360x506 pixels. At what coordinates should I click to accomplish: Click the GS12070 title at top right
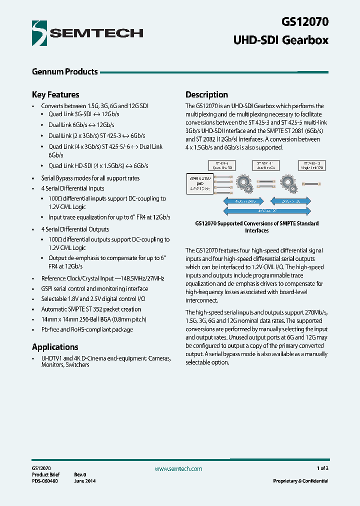(x=305, y=22)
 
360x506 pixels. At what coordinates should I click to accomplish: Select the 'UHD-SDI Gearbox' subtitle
(x=281, y=40)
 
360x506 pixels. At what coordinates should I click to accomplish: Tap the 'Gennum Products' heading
(x=64, y=71)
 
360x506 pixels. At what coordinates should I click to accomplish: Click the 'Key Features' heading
(x=55, y=94)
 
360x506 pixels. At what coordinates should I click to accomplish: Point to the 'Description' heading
(x=206, y=94)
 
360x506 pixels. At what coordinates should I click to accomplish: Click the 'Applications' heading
(x=55, y=347)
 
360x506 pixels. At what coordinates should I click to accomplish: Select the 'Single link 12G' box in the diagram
(x=313, y=165)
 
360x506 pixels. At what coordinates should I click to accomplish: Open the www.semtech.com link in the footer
(x=178, y=469)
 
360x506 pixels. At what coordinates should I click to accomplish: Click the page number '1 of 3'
(x=322, y=468)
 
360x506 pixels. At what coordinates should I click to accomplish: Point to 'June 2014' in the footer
(x=85, y=481)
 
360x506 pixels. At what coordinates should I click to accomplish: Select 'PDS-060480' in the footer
(x=45, y=481)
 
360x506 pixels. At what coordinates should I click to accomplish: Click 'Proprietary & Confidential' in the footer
(x=300, y=481)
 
